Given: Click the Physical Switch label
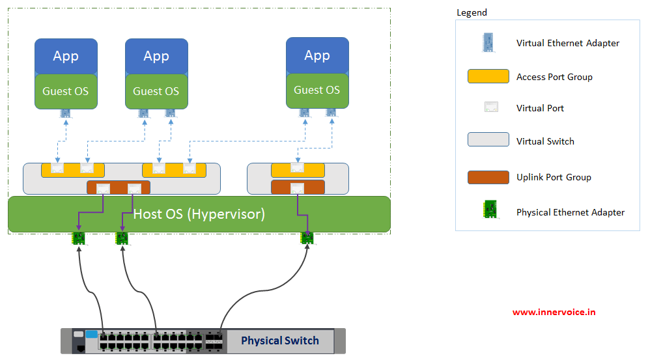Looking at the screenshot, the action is (x=280, y=340).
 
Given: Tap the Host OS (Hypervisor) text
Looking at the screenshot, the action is (x=199, y=214).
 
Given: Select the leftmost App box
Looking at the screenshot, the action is (x=66, y=57).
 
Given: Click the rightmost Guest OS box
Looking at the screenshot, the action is (x=317, y=90).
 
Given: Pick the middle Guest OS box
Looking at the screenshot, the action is (x=157, y=91).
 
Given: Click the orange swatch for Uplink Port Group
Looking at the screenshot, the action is (x=488, y=177).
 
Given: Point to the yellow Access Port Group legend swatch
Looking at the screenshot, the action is (x=488, y=76).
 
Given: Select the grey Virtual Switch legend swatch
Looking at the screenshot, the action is (x=488, y=139).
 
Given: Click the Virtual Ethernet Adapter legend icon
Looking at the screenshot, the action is (x=488, y=42).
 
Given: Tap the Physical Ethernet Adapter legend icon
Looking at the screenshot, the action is (x=490, y=210).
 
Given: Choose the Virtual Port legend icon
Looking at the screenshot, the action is (x=491, y=107).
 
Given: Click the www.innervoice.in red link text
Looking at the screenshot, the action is (x=554, y=312).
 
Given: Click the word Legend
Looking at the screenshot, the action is (x=472, y=13).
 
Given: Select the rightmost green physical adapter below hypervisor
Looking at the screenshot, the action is (x=307, y=238).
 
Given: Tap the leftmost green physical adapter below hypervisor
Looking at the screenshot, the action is (x=79, y=238).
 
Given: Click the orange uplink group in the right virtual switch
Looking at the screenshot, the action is (x=298, y=187).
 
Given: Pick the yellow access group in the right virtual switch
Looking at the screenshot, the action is (x=298, y=171).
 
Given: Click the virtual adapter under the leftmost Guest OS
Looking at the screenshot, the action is (x=65, y=113).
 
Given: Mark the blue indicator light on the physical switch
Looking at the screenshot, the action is (x=92, y=334).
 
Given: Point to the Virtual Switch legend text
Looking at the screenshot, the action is (x=545, y=141).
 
